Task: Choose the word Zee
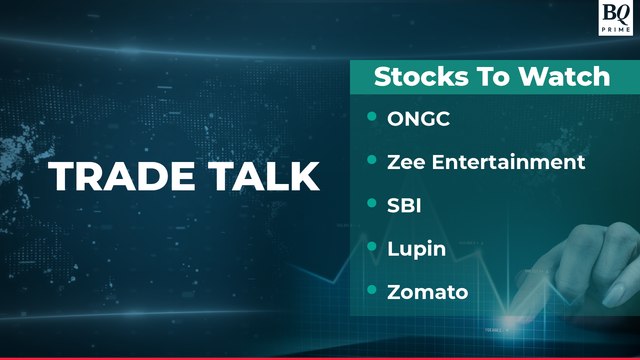[x=407, y=162]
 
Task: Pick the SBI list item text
[x=405, y=205]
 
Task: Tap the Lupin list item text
[x=416, y=249]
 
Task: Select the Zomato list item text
[x=428, y=292]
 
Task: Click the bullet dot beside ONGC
[x=373, y=118]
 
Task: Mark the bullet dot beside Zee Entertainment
[x=373, y=161]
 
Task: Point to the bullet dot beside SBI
[x=373, y=204]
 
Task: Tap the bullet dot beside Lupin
[x=373, y=247]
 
